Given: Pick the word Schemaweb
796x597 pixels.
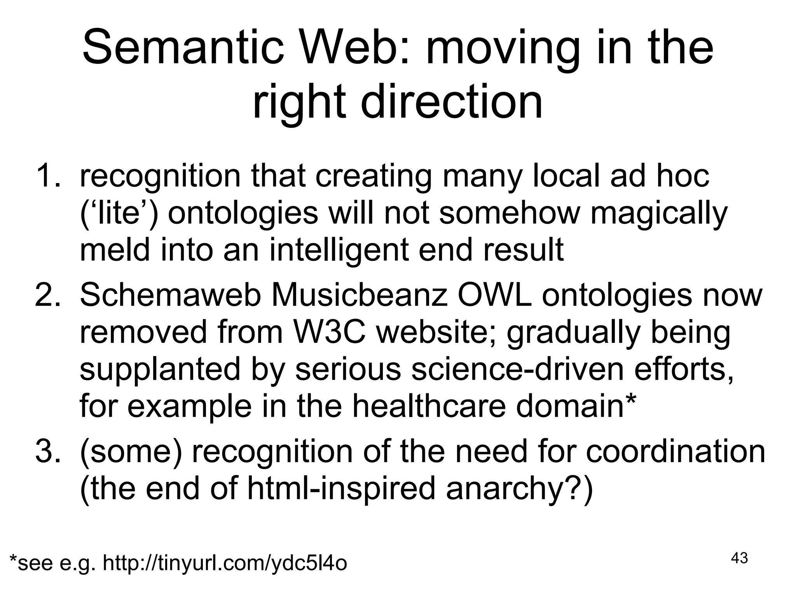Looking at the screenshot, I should (170, 295).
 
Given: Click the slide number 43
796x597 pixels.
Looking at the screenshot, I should (739, 558).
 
